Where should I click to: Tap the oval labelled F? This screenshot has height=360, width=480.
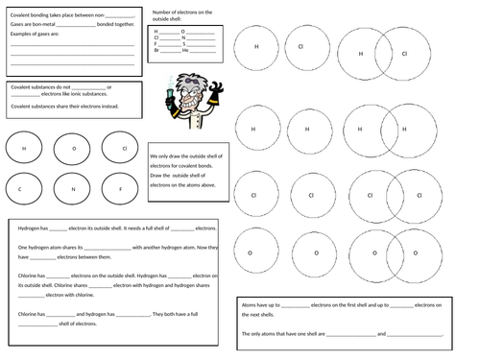tap(121, 189)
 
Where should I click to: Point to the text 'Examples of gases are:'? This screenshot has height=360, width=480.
tap(36, 34)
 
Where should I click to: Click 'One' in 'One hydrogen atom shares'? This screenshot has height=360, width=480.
tap(22, 248)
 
